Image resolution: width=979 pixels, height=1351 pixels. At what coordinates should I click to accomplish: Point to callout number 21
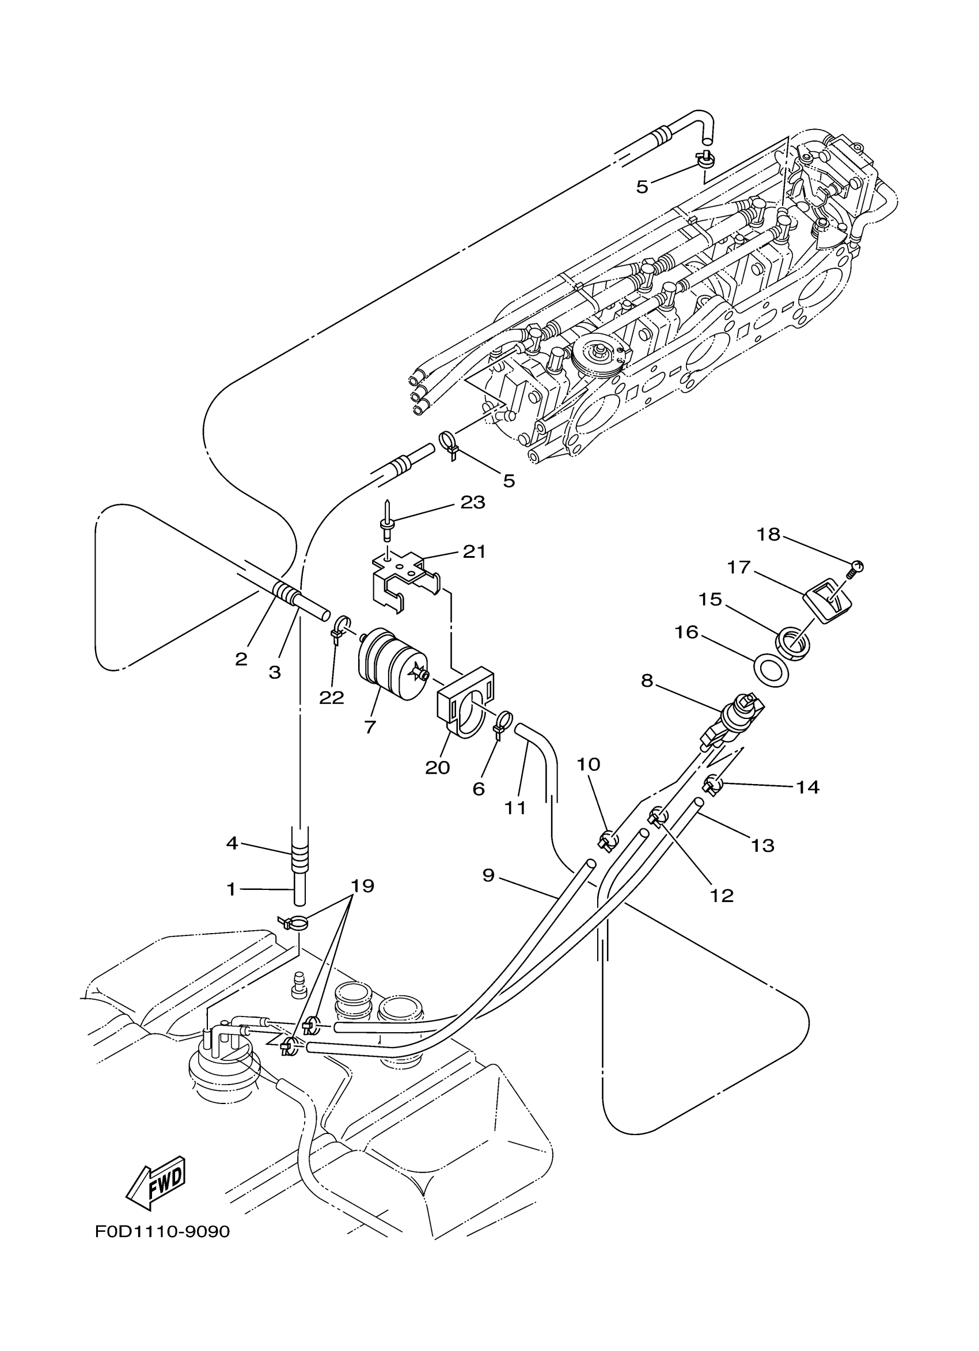pyautogui.click(x=475, y=551)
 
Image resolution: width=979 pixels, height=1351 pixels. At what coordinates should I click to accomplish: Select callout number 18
pyautogui.click(x=768, y=534)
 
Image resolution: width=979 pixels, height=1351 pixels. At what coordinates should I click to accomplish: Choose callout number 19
pyautogui.click(x=362, y=903)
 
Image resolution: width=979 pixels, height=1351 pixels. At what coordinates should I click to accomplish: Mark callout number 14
pyautogui.click(x=807, y=787)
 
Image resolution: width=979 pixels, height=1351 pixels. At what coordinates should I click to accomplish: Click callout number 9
pyautogui.click(x=488, y=875)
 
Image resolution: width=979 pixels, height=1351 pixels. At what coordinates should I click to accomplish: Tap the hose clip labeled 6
pyautogui.click(x=500, y=722)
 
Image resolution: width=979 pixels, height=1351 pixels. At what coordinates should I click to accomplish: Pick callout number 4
pyautogui.click(x=232, y=843)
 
